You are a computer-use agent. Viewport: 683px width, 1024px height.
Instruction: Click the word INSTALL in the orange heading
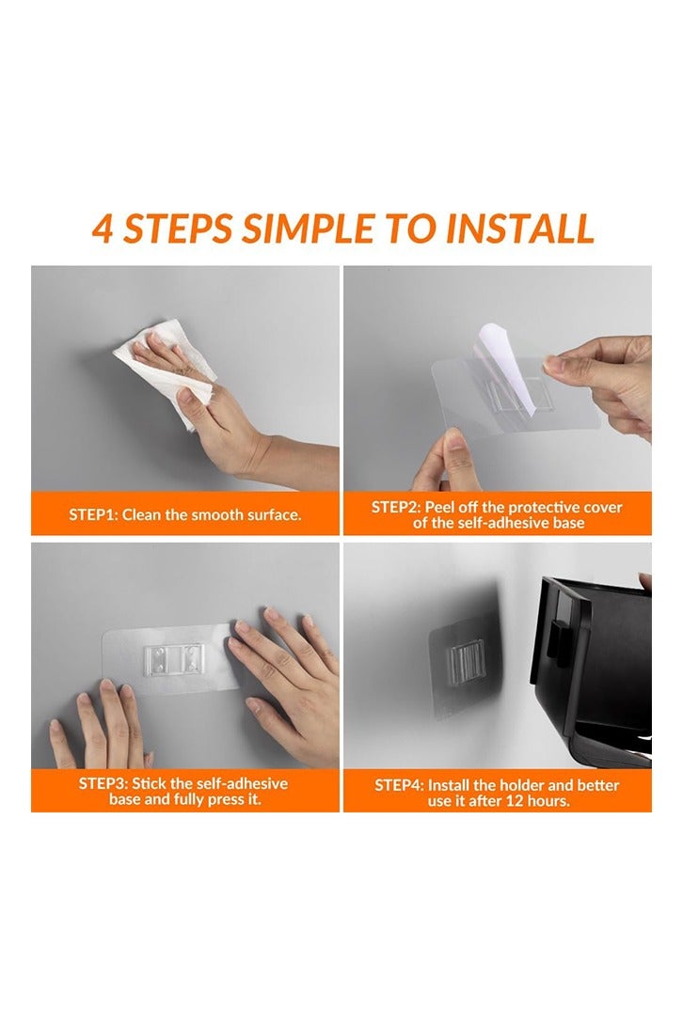coord(518,228)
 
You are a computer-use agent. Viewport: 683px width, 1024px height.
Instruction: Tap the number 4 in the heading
coord(103,228)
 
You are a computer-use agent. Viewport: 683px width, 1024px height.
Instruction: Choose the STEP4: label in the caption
coord(403,784)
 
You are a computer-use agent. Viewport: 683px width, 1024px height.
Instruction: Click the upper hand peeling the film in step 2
coord(602,376)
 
